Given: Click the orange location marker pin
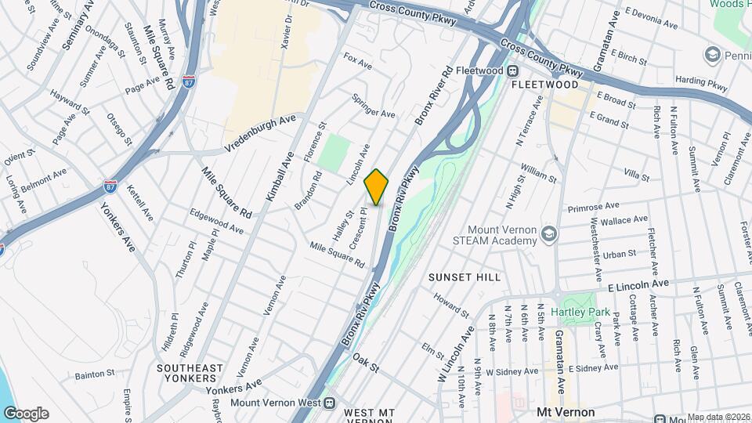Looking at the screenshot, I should tap(376, 186).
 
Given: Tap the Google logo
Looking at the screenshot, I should tap(26, 414).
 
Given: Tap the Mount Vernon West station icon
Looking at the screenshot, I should tap(329, 404).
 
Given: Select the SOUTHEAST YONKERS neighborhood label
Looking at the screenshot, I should tap(190, 373).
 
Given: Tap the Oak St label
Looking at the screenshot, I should tap(365, 361).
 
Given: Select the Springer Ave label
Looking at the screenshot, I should tap(373, 108).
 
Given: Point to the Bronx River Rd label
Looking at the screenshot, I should tap(434, 96).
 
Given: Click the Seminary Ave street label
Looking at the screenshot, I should tap(77, 31).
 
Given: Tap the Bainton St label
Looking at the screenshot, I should tap(96, 373).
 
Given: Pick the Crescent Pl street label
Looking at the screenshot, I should tap(358, 228).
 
